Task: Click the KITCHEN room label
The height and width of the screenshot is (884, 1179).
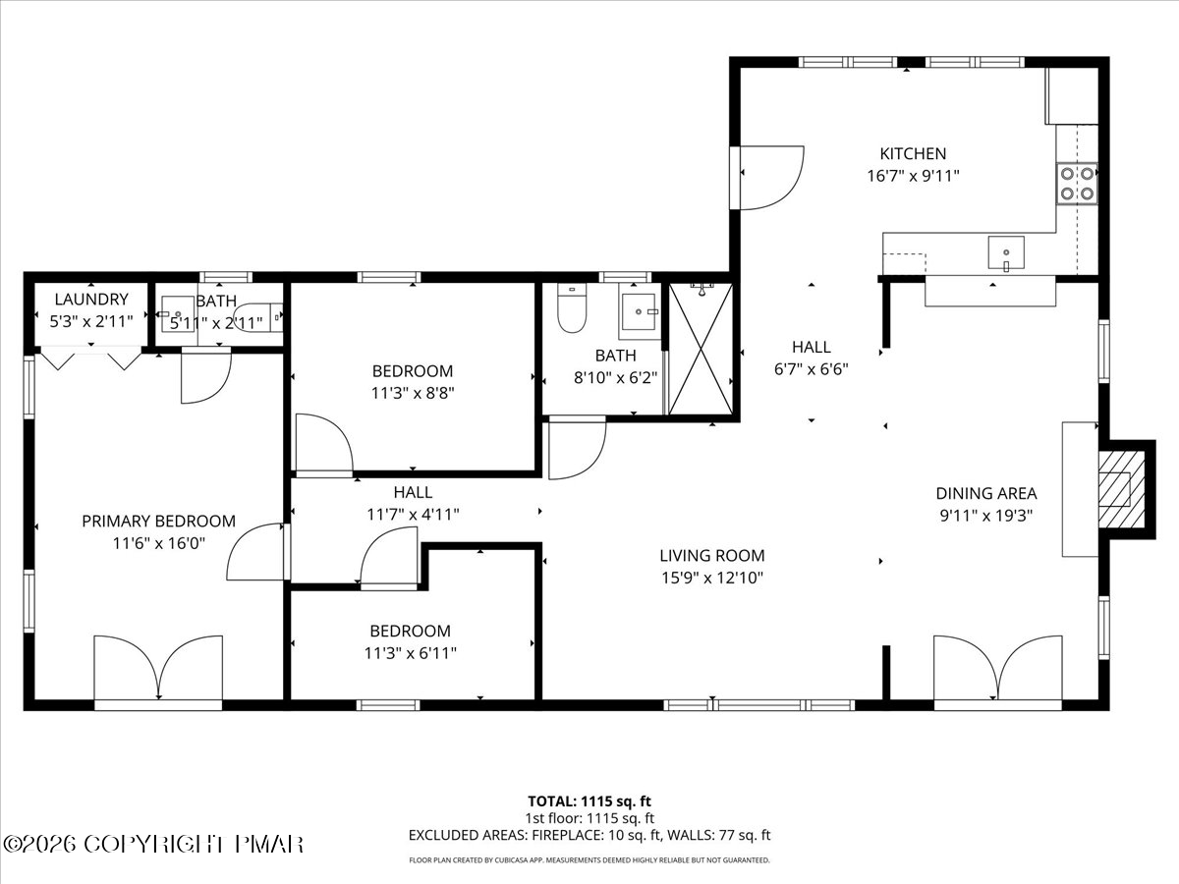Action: (x=913, y=154)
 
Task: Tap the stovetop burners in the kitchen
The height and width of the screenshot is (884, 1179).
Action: (x=1077, y=184)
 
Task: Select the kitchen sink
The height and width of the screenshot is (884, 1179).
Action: (x=1006, y=252)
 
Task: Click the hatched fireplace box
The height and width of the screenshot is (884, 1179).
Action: (x=1122, y=489)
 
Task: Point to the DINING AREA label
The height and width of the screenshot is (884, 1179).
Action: (x=986, y=493)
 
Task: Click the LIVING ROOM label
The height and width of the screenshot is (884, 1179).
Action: (x=711, y=556)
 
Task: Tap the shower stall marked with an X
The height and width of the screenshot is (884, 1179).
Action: (x=701, y=350)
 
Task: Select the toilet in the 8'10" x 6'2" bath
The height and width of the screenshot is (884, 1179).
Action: (x=572, y=308)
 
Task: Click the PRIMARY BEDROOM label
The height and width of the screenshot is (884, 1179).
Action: (x=158, y=522)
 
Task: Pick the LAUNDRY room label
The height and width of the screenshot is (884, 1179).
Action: (x=91, y=299)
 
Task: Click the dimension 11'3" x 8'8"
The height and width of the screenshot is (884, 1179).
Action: (x=413, y=394)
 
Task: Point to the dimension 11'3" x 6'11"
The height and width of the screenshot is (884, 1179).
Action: (x=411, y=653)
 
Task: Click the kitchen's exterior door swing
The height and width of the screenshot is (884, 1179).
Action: (x=772, y=177)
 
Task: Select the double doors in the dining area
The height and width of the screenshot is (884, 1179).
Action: (x=998, y=668)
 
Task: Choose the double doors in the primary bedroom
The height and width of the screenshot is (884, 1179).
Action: (x=158, y=668)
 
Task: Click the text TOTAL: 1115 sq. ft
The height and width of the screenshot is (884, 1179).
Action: (x=589, y=801)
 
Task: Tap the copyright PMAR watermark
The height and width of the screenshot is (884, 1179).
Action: (x=152, y=845)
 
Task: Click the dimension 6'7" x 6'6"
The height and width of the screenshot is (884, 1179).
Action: (x=812, y=369)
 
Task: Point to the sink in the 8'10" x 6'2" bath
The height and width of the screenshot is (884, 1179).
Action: (x=640, y=311)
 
